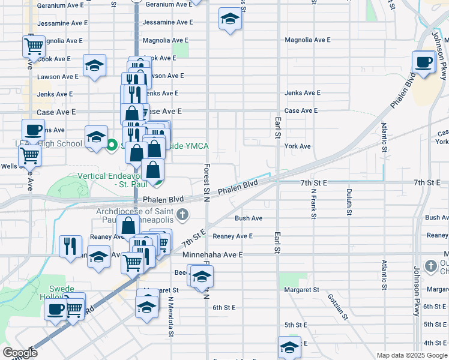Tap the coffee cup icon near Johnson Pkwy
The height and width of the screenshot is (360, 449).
coord(424,62)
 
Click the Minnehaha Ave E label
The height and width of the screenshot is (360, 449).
coord(212,255)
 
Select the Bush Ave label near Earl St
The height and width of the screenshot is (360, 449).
coord(249,218)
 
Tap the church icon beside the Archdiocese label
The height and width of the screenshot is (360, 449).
coord(182,214)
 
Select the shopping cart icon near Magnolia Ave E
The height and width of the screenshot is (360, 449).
coord(35,45)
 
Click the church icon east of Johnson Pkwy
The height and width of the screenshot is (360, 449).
coord(431,266)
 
